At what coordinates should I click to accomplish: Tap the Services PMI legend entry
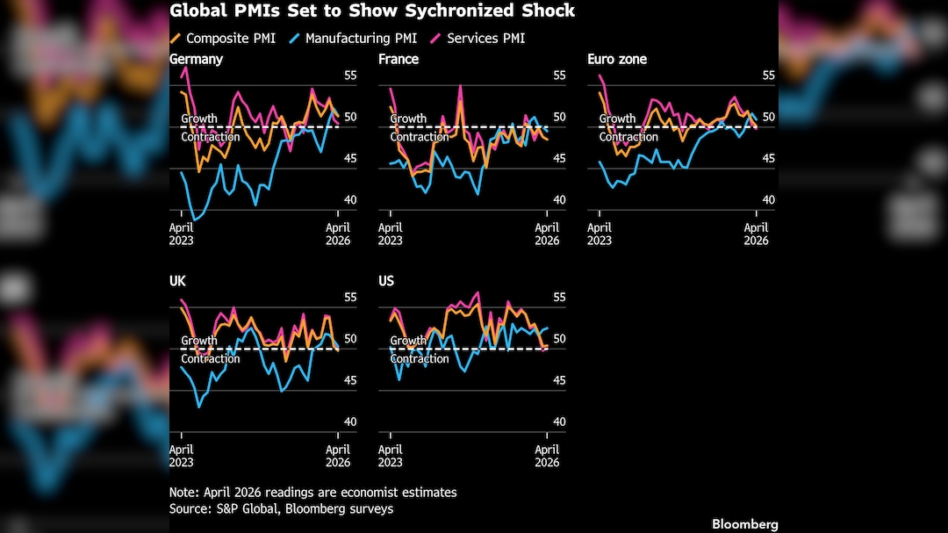click(485, 39)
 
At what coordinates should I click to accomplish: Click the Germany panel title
click(196, 60)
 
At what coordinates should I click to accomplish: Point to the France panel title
click(399, 60)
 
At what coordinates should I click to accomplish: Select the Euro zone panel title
click(617, 60)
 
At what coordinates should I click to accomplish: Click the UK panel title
click(178, 282)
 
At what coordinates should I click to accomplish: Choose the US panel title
click(386, 282)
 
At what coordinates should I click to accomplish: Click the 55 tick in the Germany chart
click(351, 76)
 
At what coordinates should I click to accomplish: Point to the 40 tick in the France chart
click(560, 200)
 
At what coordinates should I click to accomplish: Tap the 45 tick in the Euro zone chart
click(769, 159)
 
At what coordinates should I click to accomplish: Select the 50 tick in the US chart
click(560, 339)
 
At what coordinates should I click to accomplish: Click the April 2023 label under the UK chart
click(182, 456)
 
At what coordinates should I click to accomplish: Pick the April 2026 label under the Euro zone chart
click(756, 234)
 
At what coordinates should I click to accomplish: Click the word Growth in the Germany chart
click(199, 119)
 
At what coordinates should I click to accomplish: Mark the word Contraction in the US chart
click(420, 358)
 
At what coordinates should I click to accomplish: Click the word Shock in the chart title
click(545, 11)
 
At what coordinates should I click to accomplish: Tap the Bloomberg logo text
click(744, 523)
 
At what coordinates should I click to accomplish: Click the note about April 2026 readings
click(312, 493)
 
